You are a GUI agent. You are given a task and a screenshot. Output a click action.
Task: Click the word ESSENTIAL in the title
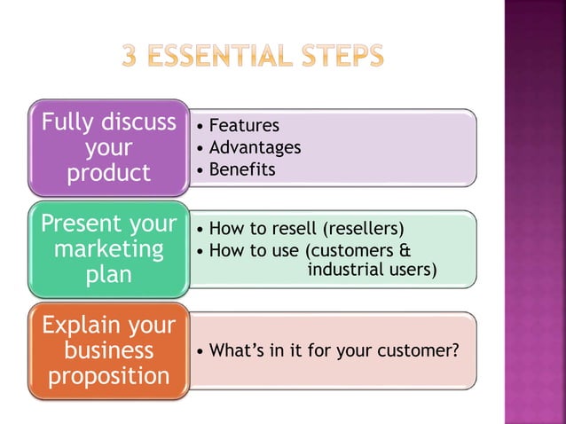[x=224, y=58]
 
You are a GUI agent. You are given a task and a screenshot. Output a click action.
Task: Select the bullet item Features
[x=244, y=126]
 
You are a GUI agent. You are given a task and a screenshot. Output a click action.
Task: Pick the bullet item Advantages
[x=255, y=147]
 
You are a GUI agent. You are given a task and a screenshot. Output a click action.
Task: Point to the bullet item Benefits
[x=242, y=169]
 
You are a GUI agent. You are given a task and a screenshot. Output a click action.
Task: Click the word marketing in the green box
[x=109, y=249]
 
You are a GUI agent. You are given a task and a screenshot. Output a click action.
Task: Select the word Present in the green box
[x=81, y=224]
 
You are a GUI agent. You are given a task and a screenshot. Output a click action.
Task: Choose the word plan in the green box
[x=109, y=275]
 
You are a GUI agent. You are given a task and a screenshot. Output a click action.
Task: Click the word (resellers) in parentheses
[x=364, y=230]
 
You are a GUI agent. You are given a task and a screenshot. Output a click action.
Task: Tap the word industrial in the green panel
[x=342, y=269]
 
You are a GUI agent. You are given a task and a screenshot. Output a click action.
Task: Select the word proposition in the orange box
[x=109, y=376]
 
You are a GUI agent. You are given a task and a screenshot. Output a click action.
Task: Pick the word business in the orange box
[x=109, y=350]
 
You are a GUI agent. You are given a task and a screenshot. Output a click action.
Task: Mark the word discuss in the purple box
[x=138, y=122]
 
